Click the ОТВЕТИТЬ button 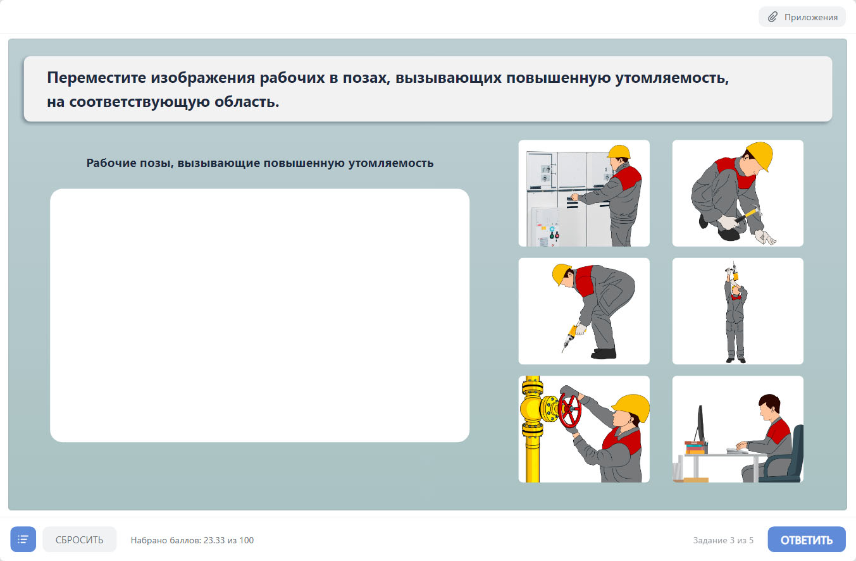click(x=806, y=539)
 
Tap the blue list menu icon click(x=23, y=539)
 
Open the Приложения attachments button click(x=802, y=17)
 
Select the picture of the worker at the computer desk click(x=738, y=429)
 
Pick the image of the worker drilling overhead click(x=738, y=311)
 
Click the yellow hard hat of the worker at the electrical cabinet click(x=619, y=152)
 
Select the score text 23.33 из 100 click(x=228, y=540)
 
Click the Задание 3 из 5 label click(x=723, y=540)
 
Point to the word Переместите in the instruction click(x=96, y=78)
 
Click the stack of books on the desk click(x=695, y=447)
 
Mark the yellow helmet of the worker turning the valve click(x=631, y=407)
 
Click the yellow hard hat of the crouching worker click(x=760, y=156)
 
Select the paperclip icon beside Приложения click(x=772, y=17)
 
